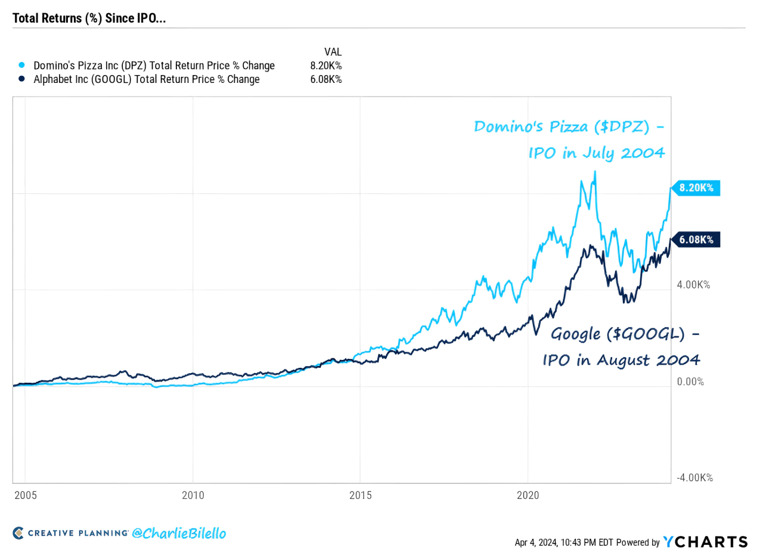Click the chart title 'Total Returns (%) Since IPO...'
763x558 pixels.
tap(89, 18)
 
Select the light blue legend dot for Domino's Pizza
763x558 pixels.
tap(21, 65)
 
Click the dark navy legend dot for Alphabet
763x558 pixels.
tap(21, 79)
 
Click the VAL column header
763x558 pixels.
tap(333, 52)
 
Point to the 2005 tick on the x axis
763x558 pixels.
tap(24, 495)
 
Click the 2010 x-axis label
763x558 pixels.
tap(193, 495)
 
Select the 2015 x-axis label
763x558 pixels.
tap(360, 495)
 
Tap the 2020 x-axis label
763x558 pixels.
tap(528, 495)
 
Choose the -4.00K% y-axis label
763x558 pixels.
tap(694, 478)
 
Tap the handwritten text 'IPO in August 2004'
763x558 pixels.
tap(620, 360)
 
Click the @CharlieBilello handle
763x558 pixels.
tap(180, 533)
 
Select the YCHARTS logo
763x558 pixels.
tap(706, 541)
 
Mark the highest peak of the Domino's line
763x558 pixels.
tap(594, 172)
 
